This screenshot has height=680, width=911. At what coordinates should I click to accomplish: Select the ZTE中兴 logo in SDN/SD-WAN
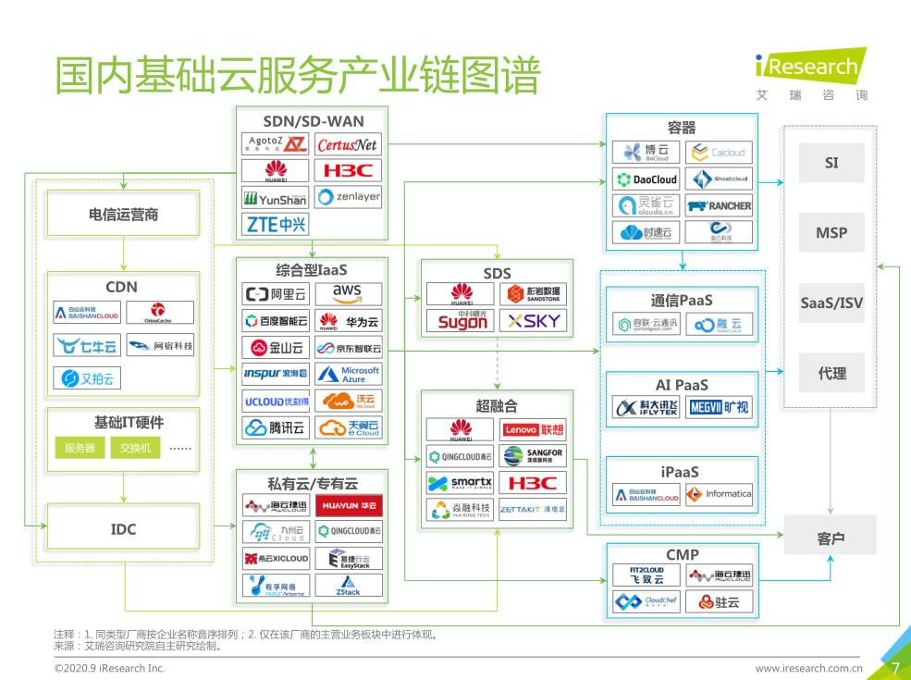pyautogui.click(x=277, y=224)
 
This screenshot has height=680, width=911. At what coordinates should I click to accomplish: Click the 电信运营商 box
pyautogui.click(x=123, y=214)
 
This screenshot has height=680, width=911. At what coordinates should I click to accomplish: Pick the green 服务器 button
pyautogui.click(x=80, y=449)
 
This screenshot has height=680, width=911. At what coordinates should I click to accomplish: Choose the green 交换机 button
pyautogui.click(x=135, y=449)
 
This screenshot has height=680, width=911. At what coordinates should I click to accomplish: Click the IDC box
pyautogui.click(x=123, y=529)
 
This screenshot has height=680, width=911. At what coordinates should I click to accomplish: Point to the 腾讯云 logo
pyautogui.click(x=275, y=427)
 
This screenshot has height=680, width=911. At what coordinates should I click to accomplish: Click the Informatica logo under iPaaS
pyautogui.click(x=720, y=494)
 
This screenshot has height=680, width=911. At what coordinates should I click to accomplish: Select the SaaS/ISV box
pyautogui.click(x=831, y=303)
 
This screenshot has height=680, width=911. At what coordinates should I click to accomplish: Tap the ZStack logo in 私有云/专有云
pyautogui.click(x=348, y=586)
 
